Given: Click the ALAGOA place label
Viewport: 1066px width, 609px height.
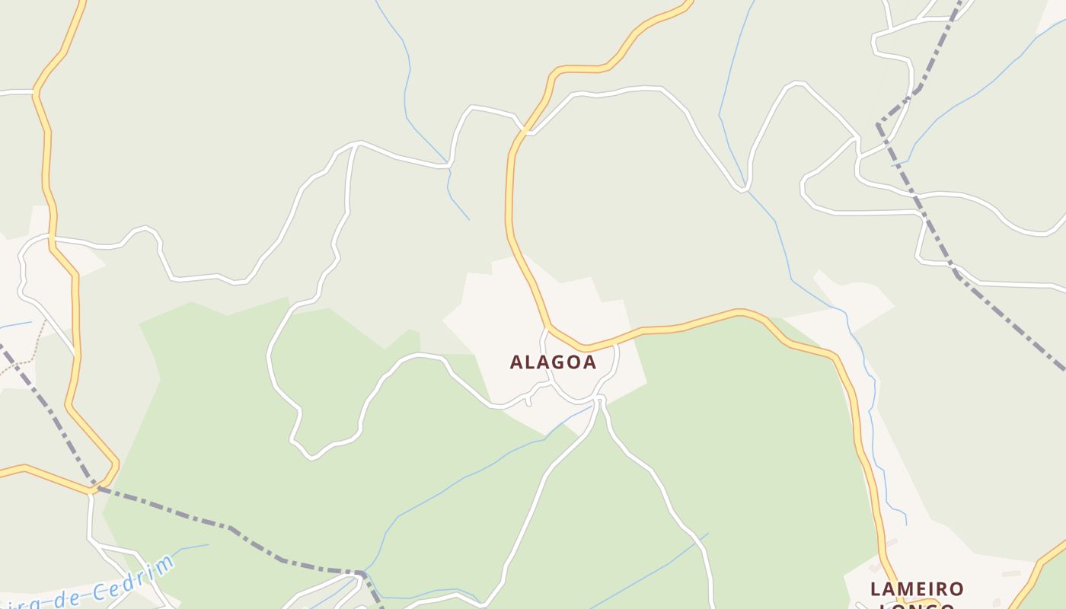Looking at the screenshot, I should coord(553,362).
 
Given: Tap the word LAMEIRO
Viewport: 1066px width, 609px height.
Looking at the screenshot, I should coord(917,589).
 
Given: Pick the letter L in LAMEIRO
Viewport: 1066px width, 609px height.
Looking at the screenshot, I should coord(876,589).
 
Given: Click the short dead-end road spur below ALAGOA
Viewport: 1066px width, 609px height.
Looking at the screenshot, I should coord(528,401).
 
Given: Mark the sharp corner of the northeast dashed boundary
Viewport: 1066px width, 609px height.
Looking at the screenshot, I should coord(878,124).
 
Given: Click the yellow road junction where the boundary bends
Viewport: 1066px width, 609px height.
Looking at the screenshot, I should coord(93,488).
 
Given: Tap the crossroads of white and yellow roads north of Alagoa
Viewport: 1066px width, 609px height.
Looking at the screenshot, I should coord(525,132).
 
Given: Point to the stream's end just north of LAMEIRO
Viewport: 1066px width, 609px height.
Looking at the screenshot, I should coord(906,524).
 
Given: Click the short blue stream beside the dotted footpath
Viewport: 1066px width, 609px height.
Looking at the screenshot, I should coord(15,325).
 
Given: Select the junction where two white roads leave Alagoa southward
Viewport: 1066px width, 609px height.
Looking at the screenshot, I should coord(600,399).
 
